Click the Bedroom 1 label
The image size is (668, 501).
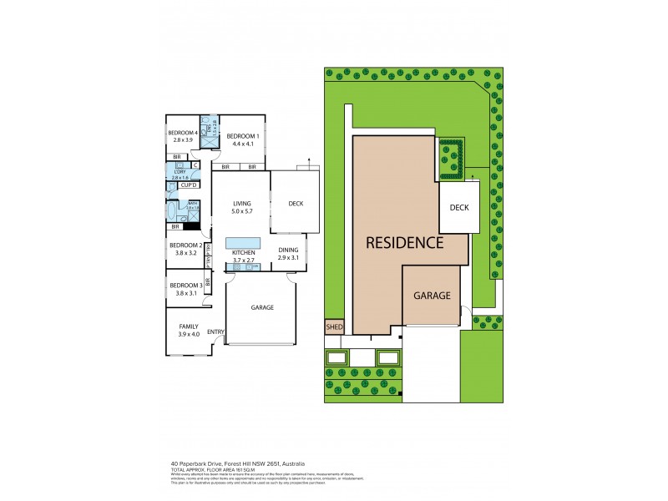tap(243, 136)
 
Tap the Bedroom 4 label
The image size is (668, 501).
tap(182, 133)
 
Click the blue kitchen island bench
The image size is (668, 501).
tap(242, 243)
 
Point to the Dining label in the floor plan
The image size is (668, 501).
tap(287, 250)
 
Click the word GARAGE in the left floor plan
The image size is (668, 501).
tap(262, 307)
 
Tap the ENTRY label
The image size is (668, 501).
tap(215, 332)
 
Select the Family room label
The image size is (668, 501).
tap(189, 326)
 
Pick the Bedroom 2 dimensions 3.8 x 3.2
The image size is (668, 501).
tap(182, 252)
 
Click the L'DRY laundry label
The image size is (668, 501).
tap(180, 171)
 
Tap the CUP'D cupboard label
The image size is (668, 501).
tap(188, 185)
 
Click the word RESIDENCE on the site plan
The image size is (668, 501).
tap(403, 243)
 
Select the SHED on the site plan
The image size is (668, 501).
tap(334, 326)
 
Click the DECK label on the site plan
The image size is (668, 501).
tap(458, 207)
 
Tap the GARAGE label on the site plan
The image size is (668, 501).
tap(431, 296)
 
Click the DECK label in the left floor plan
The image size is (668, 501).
tap(295, 203)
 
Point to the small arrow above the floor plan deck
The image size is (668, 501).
tap(308, 159)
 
